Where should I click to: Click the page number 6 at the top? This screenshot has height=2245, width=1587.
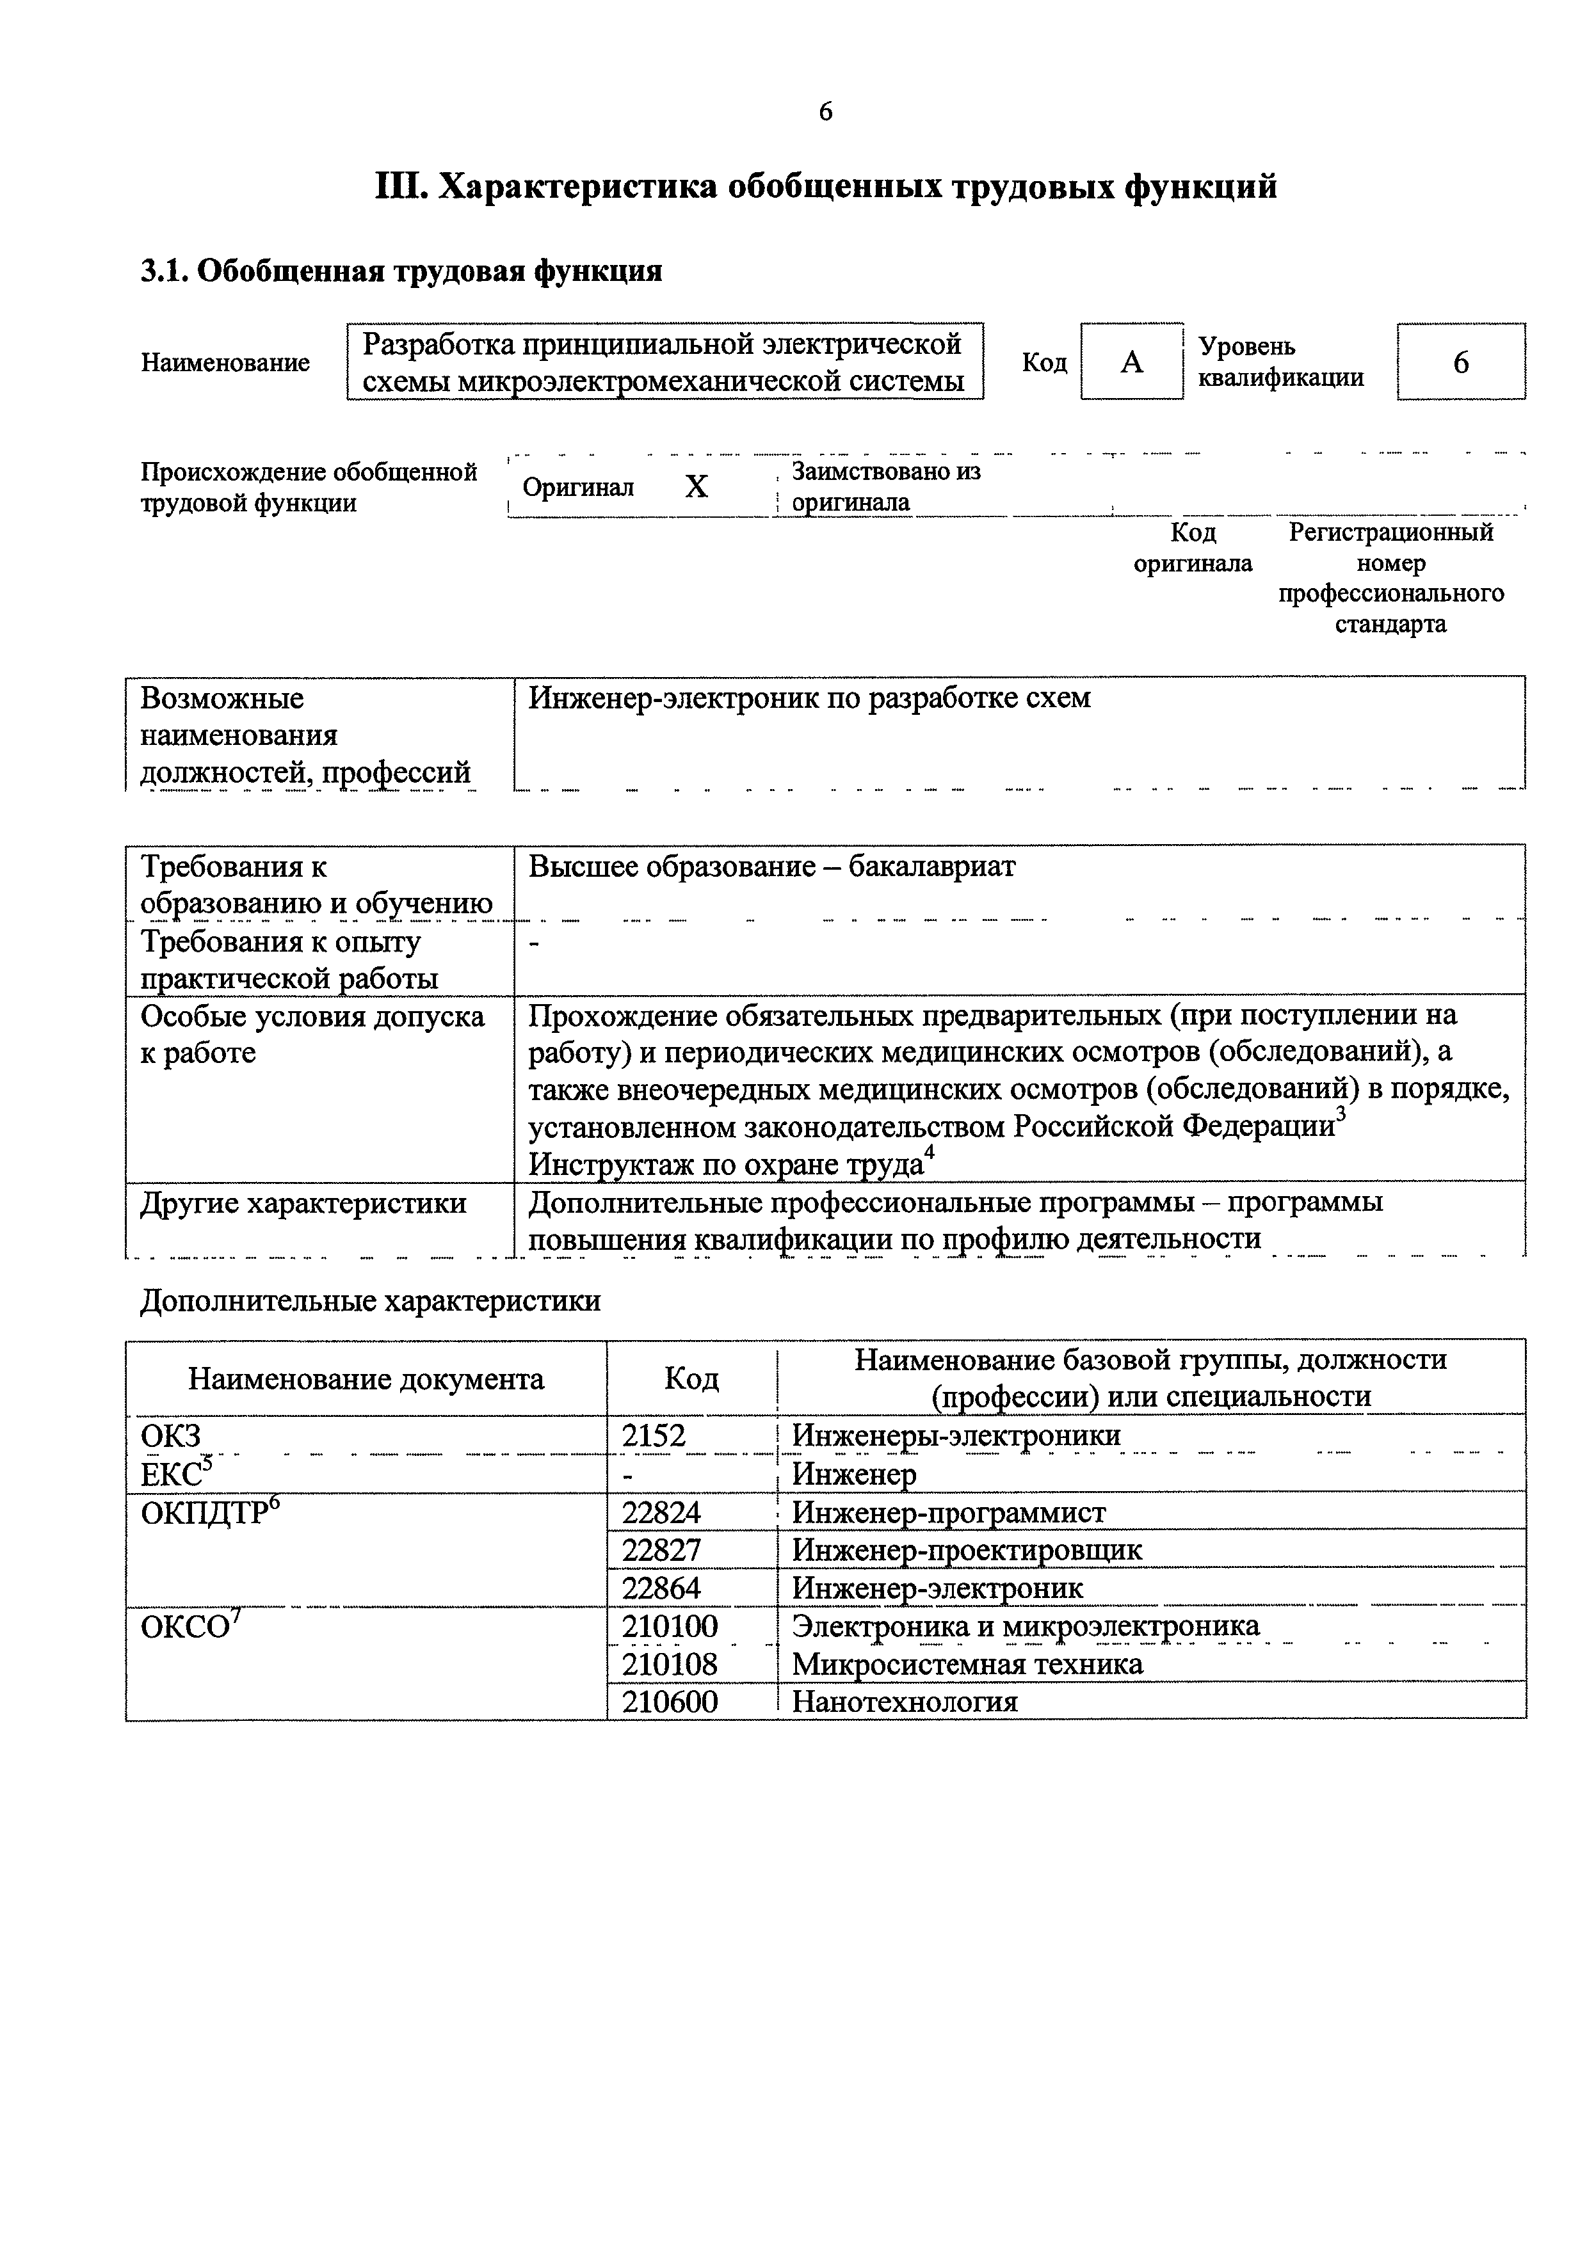(x=825, y=113)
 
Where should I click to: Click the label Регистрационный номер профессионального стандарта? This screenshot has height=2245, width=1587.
(x=1390, y=578)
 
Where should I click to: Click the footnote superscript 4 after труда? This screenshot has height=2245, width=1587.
(x=929, y=1154)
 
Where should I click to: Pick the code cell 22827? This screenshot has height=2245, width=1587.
(x=662, y=1550)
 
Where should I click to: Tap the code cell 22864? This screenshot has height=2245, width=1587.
(x=662, y=1587)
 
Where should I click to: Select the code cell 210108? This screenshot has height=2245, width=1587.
(x=670, y=1663)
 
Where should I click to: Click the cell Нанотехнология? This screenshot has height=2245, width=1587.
(x=905, y=1702)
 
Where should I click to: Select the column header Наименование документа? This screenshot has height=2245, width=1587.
(x=366, y=1378)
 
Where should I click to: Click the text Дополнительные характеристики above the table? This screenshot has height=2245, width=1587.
(x=369, y=1302)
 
